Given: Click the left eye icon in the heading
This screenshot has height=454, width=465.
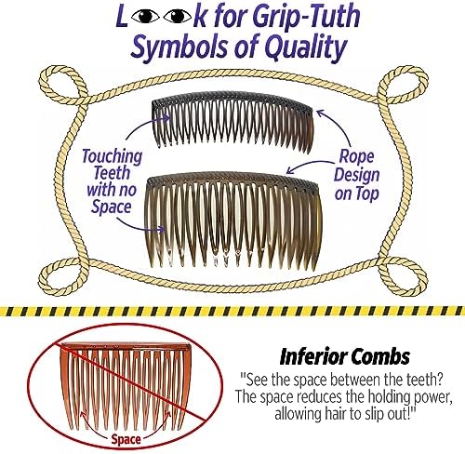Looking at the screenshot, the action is click(144, 17).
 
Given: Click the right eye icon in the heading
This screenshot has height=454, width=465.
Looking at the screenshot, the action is click(178, 17).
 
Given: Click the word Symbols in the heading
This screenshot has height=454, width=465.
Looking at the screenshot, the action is click(181, 47).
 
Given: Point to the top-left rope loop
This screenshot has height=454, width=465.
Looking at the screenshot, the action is click(62, 84).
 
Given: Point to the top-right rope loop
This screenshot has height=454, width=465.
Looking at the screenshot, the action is click(403, 84).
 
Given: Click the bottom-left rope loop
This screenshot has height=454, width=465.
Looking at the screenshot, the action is click(63, 276).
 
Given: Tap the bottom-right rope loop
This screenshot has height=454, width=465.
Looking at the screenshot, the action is click(402, 276).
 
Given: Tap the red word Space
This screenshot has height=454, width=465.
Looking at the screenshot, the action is click(126, 439).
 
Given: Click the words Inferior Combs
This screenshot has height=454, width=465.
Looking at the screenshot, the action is click(345, 357).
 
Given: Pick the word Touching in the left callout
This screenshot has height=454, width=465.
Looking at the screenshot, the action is click(112, 156).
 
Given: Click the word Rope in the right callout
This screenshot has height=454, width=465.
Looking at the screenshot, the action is click(356, 156).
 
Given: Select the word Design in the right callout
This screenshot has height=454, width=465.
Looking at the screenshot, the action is click(356, 175).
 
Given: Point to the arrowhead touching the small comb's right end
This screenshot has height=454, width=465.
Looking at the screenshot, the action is click(321, 113).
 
